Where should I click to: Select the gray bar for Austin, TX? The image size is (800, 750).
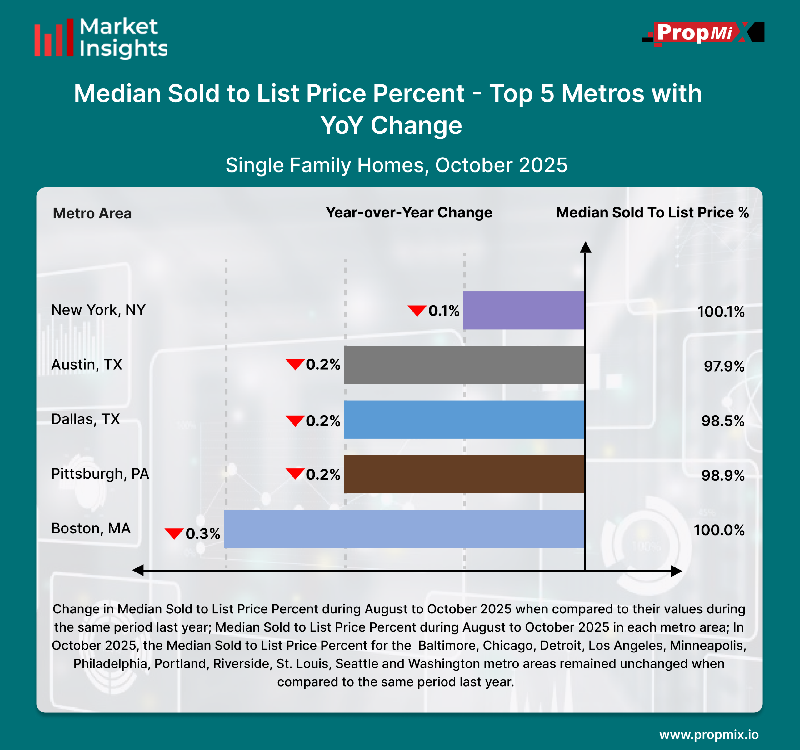[464, 365]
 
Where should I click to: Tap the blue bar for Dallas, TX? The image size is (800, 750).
[464, 419]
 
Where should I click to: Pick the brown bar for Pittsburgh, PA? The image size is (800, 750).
[464, 474]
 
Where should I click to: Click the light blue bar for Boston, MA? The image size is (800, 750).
[404, 529]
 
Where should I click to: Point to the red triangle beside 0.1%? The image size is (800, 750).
[417, 311]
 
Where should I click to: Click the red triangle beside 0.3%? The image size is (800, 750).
[174, 533]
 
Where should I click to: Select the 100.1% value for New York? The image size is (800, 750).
[721, 312]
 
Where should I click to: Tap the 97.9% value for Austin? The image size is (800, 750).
[724, 366]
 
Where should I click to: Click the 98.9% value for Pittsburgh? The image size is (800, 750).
[723, 476]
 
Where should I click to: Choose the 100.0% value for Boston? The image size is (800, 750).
[719, 530]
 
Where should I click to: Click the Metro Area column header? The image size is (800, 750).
[92, 213]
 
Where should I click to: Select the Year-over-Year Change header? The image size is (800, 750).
[409, 212]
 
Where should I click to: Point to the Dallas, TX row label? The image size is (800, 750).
[85, 419]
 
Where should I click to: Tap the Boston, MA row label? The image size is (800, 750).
[91, 528]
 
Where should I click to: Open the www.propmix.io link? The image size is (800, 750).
[709, 735]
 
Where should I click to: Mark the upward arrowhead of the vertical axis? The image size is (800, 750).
[586, 247]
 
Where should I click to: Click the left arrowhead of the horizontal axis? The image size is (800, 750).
[138, 570]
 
